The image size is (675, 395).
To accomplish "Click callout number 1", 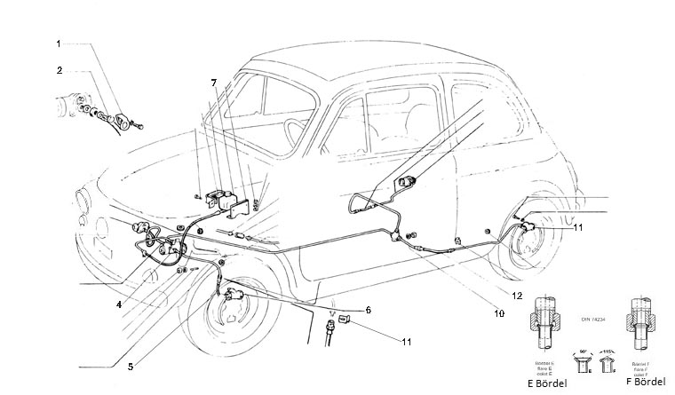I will point(59,43).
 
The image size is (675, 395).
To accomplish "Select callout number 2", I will point(59,70).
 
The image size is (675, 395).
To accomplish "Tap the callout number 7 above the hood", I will point(213,83).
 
